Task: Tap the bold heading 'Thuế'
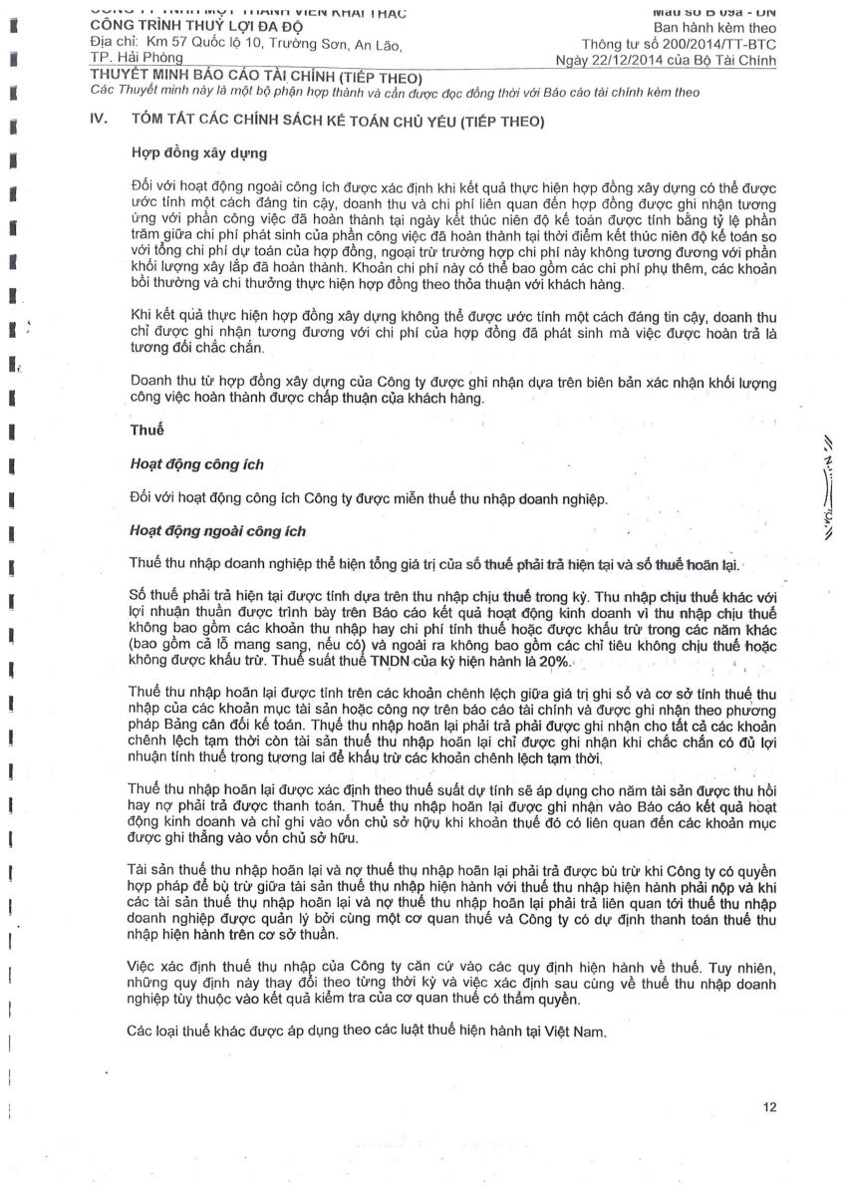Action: tap(147, 432)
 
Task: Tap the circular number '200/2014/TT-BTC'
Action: tap(715, 45)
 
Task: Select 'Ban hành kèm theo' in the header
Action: tap(714, 27)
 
